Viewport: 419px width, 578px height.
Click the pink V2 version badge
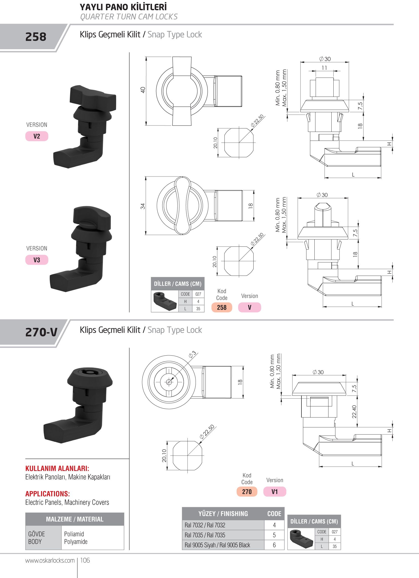click(37, 136)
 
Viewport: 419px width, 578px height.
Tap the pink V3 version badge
click(37, 260)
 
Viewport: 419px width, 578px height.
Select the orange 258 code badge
click(222, 307)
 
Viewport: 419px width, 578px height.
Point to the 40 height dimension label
click(143, 90)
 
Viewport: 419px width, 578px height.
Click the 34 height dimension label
click(143, 206)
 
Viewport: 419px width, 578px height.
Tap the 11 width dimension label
click(324, 68)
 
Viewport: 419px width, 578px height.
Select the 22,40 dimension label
click(354, 412)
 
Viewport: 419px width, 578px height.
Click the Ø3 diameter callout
click(193, 355)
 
